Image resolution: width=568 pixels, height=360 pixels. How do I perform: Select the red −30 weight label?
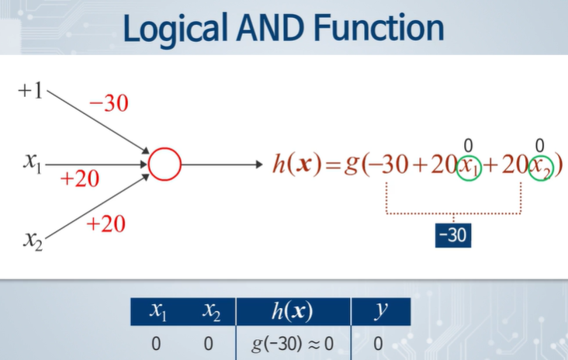coord(109,103)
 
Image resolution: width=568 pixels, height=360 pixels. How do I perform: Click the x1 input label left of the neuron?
coord(32,163)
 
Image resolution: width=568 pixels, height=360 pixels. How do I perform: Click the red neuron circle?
coord(165,164)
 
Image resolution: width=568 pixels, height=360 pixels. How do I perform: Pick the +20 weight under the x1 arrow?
coord(80,180)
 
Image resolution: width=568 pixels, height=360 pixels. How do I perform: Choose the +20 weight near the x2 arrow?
coord(106,225)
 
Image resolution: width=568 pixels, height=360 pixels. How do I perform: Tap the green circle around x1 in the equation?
coord(469,166)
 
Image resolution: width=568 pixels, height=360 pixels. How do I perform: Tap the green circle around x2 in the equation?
coord(542,166)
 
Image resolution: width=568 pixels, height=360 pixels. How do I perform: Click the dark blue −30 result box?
coord(452,234)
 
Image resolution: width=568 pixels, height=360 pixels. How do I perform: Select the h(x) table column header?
coord(293,313)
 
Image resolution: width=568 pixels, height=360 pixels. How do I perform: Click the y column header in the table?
coord(380,312)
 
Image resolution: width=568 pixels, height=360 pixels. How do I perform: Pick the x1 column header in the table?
coord(158,313)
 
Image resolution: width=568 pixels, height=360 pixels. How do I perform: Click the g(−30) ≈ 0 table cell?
coord(293,343)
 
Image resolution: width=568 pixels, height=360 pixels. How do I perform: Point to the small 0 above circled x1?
coord(468,144)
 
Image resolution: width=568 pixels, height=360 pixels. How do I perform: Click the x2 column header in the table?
coord(210,313)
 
